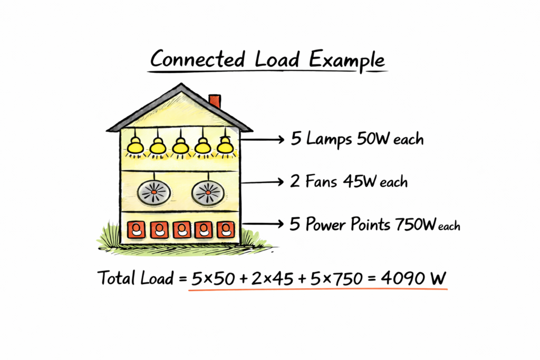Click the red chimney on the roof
215,101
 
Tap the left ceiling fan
153,193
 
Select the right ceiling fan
208,193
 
